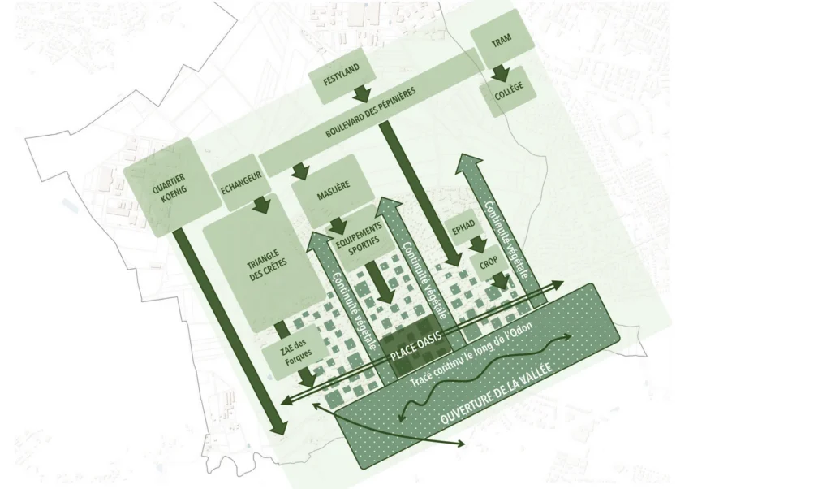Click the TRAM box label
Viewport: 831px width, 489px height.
point(502,41)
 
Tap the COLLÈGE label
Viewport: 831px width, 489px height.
point(509,91)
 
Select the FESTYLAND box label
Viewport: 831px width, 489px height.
point(342,75)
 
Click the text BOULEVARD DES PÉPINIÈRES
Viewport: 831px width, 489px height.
point(370,112)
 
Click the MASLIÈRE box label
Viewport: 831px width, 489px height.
point(334,191)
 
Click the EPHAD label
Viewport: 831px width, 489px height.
point(463,227)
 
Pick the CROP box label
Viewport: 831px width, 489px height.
point(488,264)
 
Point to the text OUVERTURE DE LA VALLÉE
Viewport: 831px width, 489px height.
point(496,393)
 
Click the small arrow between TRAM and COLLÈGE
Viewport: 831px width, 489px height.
point(500,73)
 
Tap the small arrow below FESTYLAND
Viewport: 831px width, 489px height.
point(363,93)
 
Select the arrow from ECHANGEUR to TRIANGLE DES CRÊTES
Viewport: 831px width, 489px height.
point(261,205)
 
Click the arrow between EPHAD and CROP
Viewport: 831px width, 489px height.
point(477,244)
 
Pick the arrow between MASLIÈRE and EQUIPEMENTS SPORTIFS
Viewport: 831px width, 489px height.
point(338,225)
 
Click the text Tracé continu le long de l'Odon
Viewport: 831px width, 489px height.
point(472,354)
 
